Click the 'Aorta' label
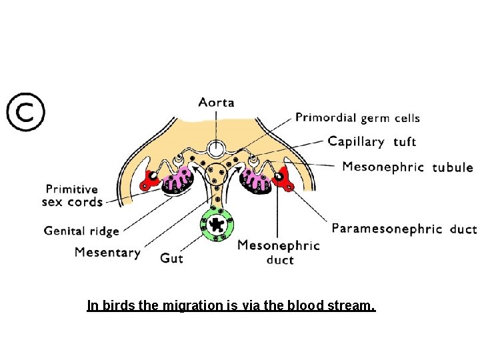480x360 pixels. pyautogui.click(x=216, y=103)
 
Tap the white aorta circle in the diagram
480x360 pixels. pyautogui.click(x=216, y=149)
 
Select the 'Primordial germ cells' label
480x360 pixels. pyautogui.click(x=357, y=118)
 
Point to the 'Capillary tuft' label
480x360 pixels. pyautogui.click(x=372, y=141)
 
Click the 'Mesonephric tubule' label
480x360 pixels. pyautogui.click(x=407, y=167)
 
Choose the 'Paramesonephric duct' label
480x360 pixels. pyautogui.click(x=404, y=229)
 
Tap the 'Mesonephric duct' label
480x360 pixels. pyautogui.click(x=279, y=252)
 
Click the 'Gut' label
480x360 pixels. pyautogui.click(x=171, y=257)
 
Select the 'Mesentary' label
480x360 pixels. pyautogui.click(x=107, y=253)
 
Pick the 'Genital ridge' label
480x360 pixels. pyautogui.click(x=81, y=231)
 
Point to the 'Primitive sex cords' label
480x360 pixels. pyautogui.click(x=72, y=195)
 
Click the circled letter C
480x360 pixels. pyautogui.click(x=26, y=111)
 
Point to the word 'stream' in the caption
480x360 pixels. pyautogui.click(x=352, y=306)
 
